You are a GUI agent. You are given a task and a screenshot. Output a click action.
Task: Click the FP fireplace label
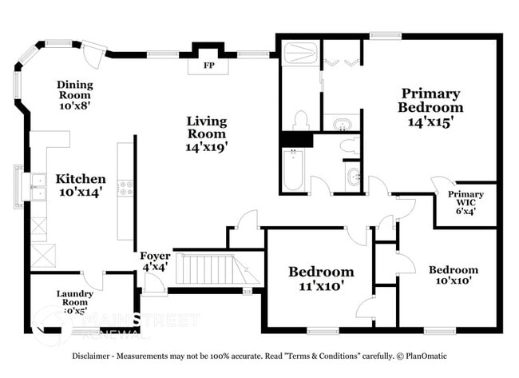[209, 65]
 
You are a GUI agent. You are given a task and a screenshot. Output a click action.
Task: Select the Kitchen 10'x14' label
[80, 185]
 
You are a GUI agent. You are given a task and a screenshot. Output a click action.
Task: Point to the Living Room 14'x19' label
[207, 134]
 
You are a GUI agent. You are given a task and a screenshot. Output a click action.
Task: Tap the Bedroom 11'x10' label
[320, 279]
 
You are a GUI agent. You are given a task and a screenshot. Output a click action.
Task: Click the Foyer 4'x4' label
[155, 261]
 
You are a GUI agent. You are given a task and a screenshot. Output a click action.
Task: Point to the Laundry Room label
[75, 299]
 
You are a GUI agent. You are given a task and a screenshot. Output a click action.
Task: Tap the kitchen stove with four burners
[126, 188]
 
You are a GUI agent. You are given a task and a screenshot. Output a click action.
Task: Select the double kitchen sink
[37, 186]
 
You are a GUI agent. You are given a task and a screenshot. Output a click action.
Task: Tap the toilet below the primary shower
[301, 121]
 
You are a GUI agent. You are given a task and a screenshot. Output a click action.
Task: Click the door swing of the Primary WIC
[439, 185]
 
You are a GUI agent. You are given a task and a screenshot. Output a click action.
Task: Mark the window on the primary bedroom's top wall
[385, 35]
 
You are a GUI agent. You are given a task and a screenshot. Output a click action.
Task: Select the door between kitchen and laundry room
[95, 280]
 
